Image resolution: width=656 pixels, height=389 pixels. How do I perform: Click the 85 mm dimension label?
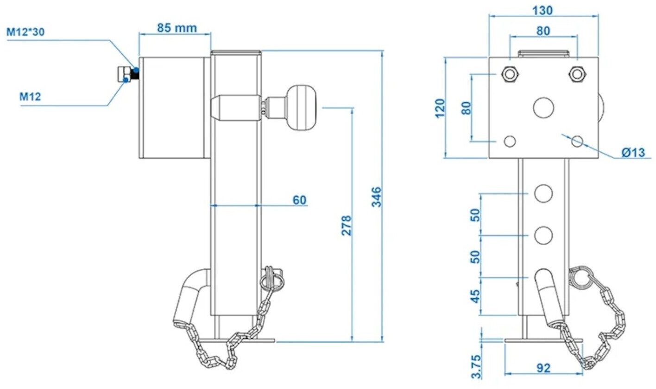(177, 28)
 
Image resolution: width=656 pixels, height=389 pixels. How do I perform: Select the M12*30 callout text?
(25, 32)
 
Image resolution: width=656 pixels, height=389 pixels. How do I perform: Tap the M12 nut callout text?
(30, 97)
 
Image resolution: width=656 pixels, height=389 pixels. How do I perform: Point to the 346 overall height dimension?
(377, 197)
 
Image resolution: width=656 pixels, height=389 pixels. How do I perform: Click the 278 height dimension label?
(347, 226)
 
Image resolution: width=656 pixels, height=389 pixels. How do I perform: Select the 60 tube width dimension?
(300, 200)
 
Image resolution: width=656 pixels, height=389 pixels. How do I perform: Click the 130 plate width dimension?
(542, 11)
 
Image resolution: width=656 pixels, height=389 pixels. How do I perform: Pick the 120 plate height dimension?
(440, 109)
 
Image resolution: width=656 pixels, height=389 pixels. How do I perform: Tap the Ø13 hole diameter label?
(633, 152)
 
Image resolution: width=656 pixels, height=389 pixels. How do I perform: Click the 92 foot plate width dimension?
(543, 368)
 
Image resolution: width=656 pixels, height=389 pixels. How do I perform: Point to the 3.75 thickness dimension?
(476, 367)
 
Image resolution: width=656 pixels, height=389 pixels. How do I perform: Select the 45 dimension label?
(476, 296)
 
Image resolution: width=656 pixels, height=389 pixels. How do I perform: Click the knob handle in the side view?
(302, 108)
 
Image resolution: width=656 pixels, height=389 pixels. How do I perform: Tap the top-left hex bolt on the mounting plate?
(510, 74)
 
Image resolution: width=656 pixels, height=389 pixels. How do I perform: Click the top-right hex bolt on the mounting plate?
(577, 74)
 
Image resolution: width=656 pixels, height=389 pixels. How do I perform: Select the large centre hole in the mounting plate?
(543, 108)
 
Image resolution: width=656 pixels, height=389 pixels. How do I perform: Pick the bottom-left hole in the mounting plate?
(510, 142)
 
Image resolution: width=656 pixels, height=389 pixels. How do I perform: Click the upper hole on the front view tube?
(543, 194)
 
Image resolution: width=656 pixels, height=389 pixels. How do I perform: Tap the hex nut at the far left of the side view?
(125, 74)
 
